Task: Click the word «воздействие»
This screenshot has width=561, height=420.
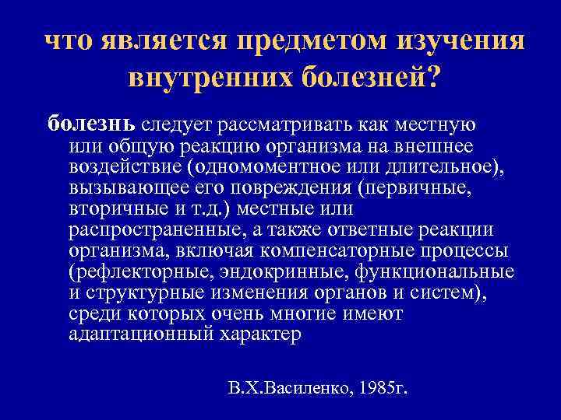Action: (x=115, y=166)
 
